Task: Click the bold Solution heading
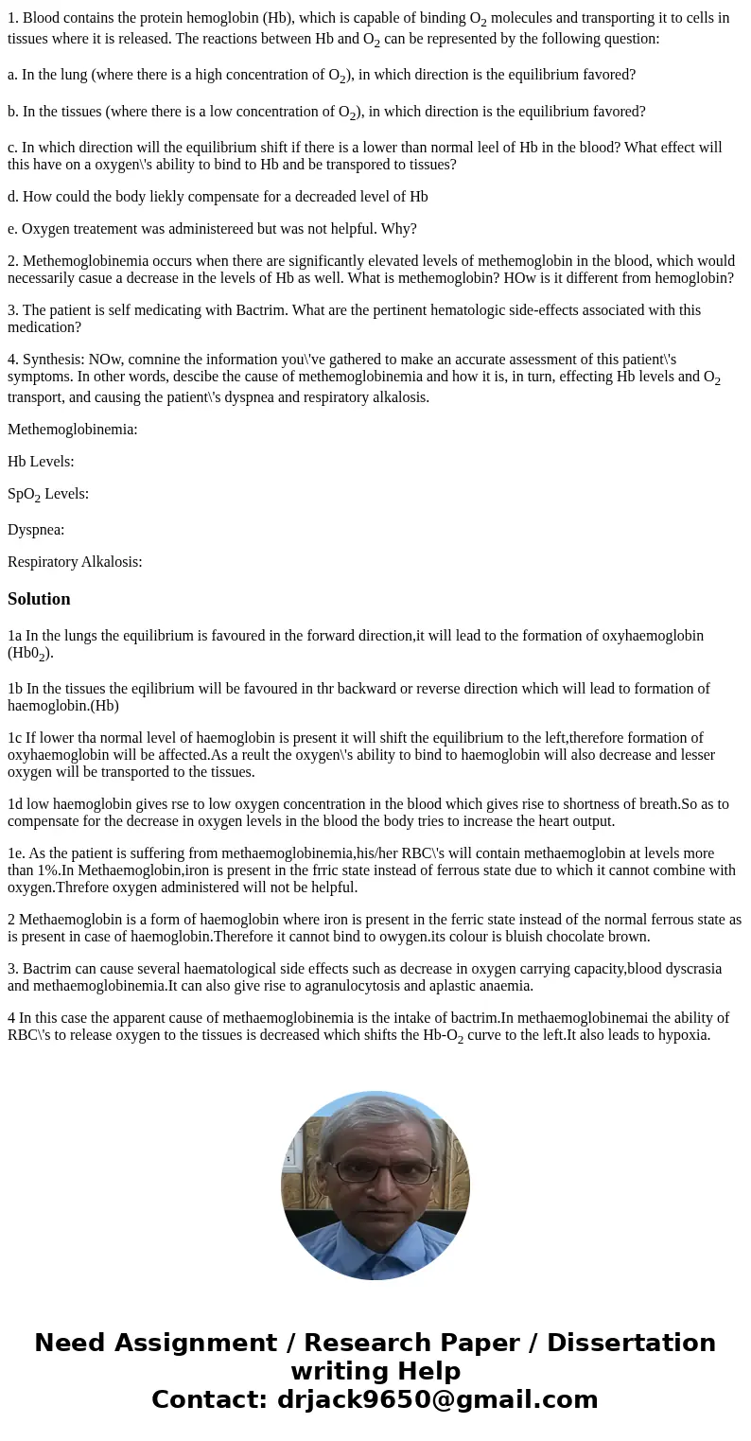pos(39,599)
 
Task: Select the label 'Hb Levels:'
pos(41,462)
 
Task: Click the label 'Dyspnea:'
pos(36,530)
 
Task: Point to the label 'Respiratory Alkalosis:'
pos(75,562)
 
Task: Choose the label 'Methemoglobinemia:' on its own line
pos(73,430)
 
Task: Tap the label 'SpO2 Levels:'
pos(48,494)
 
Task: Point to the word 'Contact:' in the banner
pos(209,1399)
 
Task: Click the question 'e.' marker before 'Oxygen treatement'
pos(12,229)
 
